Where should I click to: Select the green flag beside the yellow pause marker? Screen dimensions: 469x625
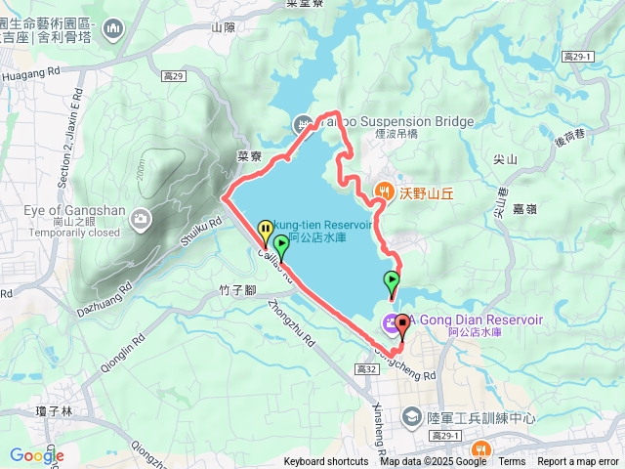tap(281, 245)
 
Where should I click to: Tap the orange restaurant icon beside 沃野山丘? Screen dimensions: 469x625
tap(385, 191)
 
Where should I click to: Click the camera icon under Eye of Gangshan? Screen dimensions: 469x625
tap(143, 218)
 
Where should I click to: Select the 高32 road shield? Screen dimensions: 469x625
tap(367, 369)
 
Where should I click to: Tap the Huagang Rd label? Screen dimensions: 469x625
tap(32, 70)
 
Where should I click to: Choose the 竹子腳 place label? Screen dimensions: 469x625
tap(238, 289)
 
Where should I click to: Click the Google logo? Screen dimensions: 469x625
tap(37, 455)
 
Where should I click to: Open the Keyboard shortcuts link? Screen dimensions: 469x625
tap(326, 462)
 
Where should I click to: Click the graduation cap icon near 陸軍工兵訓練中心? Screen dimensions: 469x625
tap(411, 417)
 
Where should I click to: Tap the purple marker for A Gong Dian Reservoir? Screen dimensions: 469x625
tap(391, 321)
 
